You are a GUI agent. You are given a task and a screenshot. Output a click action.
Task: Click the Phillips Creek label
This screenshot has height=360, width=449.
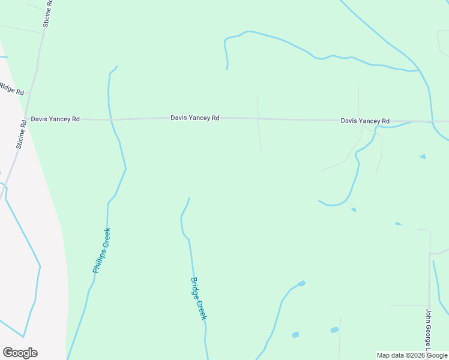101,251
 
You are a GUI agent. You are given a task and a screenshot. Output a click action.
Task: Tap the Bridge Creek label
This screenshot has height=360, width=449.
199,298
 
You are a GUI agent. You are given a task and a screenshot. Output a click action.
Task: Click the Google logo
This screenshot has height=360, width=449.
20,353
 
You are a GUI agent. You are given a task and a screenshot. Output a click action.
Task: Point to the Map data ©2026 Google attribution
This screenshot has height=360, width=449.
412,355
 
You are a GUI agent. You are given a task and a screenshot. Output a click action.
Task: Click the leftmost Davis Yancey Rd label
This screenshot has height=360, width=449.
55,119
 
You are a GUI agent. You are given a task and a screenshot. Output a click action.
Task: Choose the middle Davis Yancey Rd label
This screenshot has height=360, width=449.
194,118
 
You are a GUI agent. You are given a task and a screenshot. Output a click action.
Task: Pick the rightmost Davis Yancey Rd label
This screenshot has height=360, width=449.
365,121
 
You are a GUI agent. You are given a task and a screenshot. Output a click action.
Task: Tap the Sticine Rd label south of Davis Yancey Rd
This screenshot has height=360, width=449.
21,135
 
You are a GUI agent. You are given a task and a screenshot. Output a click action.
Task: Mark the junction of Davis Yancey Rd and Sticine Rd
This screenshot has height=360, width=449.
26,119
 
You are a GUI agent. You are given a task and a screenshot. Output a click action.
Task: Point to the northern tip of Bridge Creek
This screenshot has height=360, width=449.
189,198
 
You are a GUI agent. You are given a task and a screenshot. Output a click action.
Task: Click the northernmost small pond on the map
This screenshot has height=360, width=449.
423,157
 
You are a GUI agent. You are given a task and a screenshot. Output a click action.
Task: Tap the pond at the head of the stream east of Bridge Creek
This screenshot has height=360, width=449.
301,283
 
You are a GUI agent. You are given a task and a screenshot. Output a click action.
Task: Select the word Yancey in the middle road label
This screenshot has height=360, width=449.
199,118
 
